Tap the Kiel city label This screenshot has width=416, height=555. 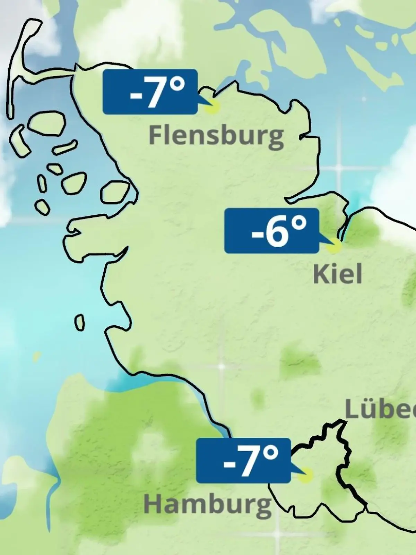click(337, 274)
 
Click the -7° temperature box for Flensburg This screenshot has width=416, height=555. click(150, 92)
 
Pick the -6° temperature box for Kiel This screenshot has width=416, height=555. click(271, 230)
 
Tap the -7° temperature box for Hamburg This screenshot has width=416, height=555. click(243, 460)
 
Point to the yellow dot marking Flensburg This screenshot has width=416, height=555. click(212, 107)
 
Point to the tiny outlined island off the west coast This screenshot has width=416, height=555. click(79, 323)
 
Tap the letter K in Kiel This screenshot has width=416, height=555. click(319, 274)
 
